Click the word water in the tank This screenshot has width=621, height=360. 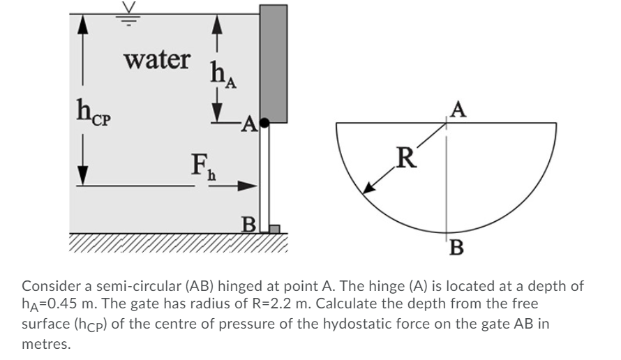click(157, 59)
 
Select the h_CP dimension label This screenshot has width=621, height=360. click(93, 113)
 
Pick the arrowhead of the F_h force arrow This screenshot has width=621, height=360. click(249, 186)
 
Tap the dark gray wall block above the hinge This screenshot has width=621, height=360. click(273, 63)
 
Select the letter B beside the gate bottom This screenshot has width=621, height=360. click(247, 225)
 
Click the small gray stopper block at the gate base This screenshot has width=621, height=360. click(274, 228)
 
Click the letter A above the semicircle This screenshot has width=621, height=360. click(457, 110)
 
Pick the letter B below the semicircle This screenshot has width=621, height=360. click(457, 247)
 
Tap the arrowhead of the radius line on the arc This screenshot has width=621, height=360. click(366, 189)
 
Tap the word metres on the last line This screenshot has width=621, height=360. click(46, 343)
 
